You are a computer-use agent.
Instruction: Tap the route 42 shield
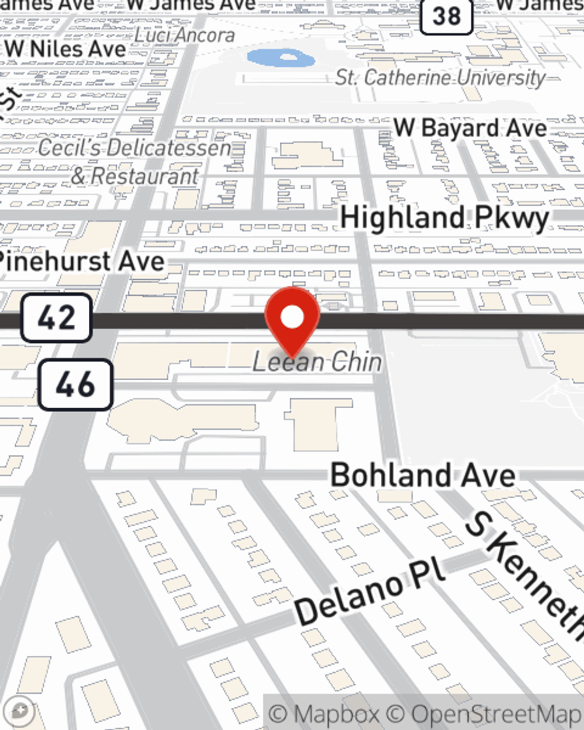[57, 318]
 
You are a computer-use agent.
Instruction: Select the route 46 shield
[75, 384]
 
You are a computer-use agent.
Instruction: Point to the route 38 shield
[447, 15]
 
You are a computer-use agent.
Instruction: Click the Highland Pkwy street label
[444, 218]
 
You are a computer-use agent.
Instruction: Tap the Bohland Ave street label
[423, 475]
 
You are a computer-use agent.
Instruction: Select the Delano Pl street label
[370, 592]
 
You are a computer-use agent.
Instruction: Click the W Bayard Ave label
[470, 128]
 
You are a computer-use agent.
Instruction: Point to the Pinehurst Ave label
[82, 261]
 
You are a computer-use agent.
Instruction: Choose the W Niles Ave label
[65, 49]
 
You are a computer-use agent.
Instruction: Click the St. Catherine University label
[440, 78]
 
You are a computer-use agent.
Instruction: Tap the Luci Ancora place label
[185, 35]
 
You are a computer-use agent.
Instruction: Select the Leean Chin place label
[317, 362]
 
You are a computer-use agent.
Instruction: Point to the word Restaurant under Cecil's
[145, 176]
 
